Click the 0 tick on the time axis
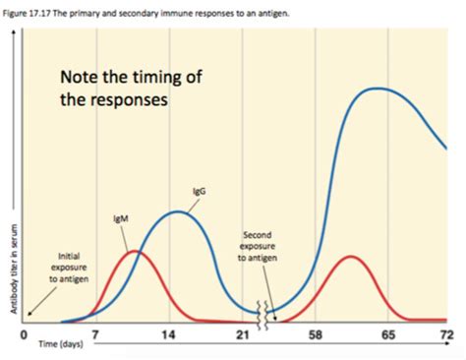(23, 336)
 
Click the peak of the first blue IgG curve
(176, 211)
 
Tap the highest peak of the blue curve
(378, 89)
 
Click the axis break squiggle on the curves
(262, 312)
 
